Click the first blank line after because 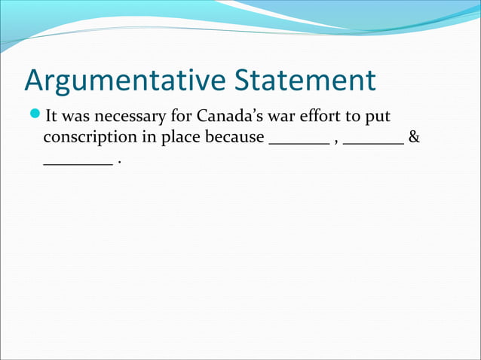[299, 142]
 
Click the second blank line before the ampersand [372, 142]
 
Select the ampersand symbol [412, 139]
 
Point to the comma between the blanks [335, 143]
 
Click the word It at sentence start [51, 117]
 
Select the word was [78, 118]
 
